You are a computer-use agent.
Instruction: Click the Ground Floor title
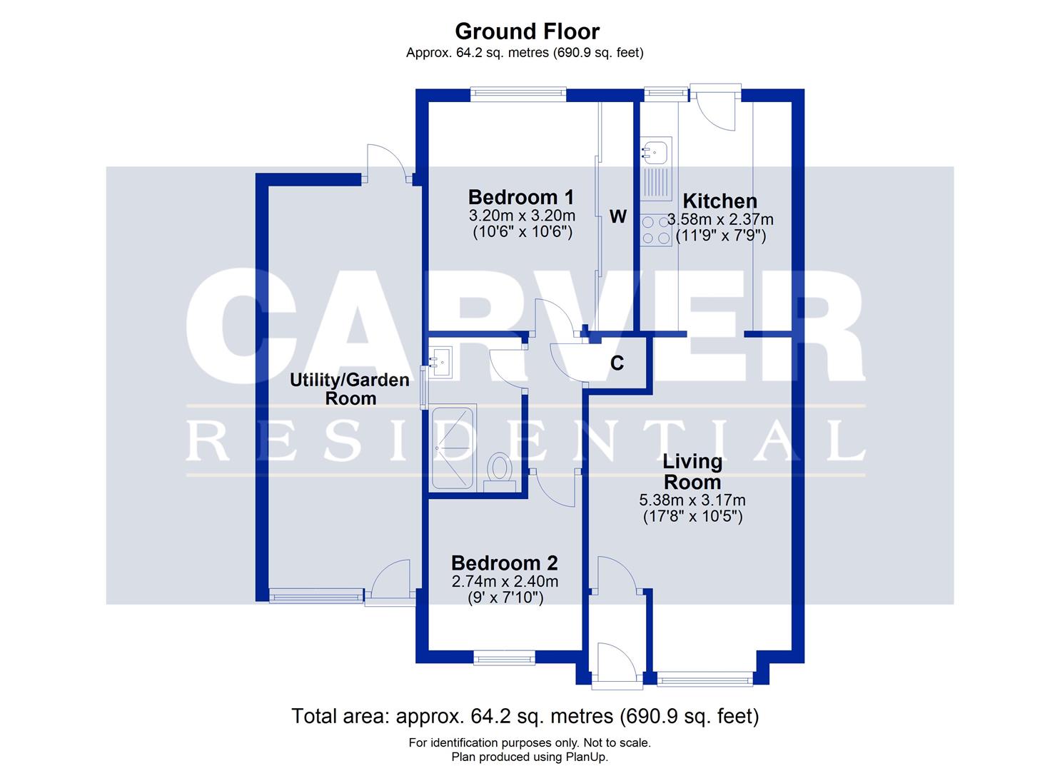[x=527, y=31]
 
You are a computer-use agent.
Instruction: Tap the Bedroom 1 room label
[x=521, y=197]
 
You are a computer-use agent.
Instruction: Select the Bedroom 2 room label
[x=504, y=564]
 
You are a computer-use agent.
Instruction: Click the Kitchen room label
[x=720, y=201]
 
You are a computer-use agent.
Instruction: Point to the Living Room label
[x=692, y=471]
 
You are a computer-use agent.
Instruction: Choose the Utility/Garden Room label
[x=350, y=389]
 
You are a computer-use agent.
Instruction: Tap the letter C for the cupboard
[x=617, y=363]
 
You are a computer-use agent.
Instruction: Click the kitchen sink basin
[x=655, y=151]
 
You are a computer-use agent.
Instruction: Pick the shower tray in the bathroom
[x=453, y=448]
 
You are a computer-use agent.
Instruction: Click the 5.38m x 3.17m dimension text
[x=692, y=500]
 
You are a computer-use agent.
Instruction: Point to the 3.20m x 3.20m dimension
[x=522, y=216]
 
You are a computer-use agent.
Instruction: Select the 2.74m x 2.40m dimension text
[x=505, y=582]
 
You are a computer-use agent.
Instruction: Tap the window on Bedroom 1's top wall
[x=518, y=93]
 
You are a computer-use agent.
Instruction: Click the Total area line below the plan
[x=525, y=716]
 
